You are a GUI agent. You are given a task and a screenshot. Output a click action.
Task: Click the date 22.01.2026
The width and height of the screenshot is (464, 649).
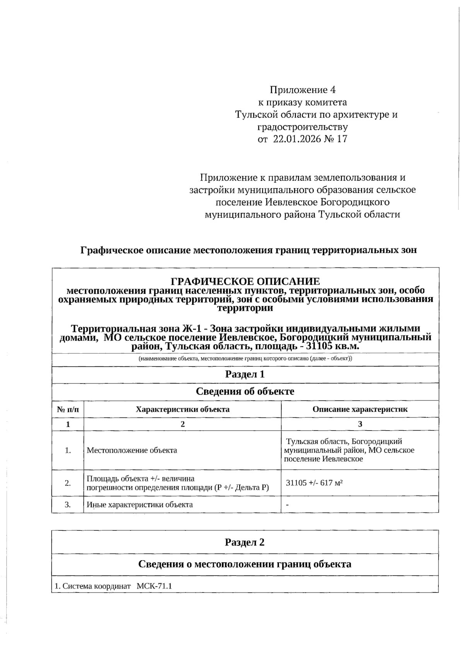coord(297,139)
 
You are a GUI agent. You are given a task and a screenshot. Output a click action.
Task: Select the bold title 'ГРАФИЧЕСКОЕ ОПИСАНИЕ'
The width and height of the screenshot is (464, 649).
coord(245,281)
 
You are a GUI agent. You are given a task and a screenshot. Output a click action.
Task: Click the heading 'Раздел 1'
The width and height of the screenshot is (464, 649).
coord(245,374)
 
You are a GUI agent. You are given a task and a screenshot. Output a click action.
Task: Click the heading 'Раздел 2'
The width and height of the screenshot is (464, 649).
coord(245,542)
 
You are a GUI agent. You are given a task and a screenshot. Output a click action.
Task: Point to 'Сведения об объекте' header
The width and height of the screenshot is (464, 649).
coord(245,391)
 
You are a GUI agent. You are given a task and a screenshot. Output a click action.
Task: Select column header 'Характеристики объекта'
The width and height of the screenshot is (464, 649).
coord(183,409)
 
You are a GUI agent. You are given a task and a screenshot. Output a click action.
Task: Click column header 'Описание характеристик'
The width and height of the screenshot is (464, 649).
coord(360,409)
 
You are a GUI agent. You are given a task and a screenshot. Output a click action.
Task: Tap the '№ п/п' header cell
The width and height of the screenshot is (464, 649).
coord(68,409)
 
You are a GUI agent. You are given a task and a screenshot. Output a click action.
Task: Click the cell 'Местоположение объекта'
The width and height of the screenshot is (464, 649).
coord(132,450)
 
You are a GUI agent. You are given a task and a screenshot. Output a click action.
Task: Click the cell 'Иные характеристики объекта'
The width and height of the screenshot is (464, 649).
coord(140,504)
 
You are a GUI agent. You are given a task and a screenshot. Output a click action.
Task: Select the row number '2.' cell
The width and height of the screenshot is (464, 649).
coord(68,482)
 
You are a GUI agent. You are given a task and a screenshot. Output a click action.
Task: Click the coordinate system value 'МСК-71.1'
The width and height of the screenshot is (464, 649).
coord(154,586)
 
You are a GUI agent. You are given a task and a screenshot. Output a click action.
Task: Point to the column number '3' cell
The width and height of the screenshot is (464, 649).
coord(360,424)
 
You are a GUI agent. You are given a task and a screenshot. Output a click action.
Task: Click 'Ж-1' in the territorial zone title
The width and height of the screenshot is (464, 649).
coord(191,328)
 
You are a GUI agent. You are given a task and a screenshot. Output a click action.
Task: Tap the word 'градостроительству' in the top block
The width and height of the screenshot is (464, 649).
coord(302,127)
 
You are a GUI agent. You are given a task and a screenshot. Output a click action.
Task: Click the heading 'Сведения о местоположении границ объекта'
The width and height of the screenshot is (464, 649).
coord(245,564)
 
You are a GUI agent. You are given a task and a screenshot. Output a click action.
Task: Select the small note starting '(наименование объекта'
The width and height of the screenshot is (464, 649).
coord(245,359)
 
